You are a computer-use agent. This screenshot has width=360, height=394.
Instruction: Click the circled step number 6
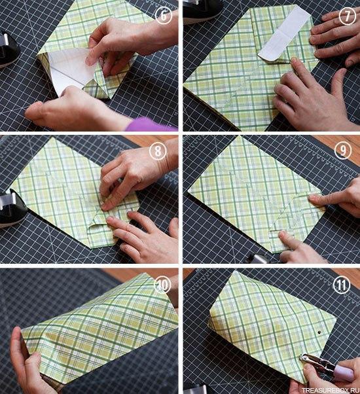tap(164, 16)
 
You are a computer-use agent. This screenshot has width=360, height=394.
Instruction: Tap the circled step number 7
tap(348, 16)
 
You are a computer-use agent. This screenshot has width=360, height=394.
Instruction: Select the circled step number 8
tap(158, 152)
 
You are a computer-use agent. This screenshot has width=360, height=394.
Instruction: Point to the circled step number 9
tap(343, 151)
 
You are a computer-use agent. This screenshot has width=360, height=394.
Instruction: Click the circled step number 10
tap(162, 285)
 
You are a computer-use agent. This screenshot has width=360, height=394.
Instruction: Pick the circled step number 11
tap(342, 285)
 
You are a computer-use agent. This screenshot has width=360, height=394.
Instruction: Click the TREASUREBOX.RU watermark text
tap(331, 390)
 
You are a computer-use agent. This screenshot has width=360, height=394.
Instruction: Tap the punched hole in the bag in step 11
tap(319, 332)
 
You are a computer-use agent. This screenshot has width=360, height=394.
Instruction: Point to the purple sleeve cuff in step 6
tap(151, 124)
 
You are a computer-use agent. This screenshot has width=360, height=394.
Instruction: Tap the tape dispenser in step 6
tap(8, 49)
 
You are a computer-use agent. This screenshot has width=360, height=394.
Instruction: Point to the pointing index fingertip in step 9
tap(312, 198)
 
